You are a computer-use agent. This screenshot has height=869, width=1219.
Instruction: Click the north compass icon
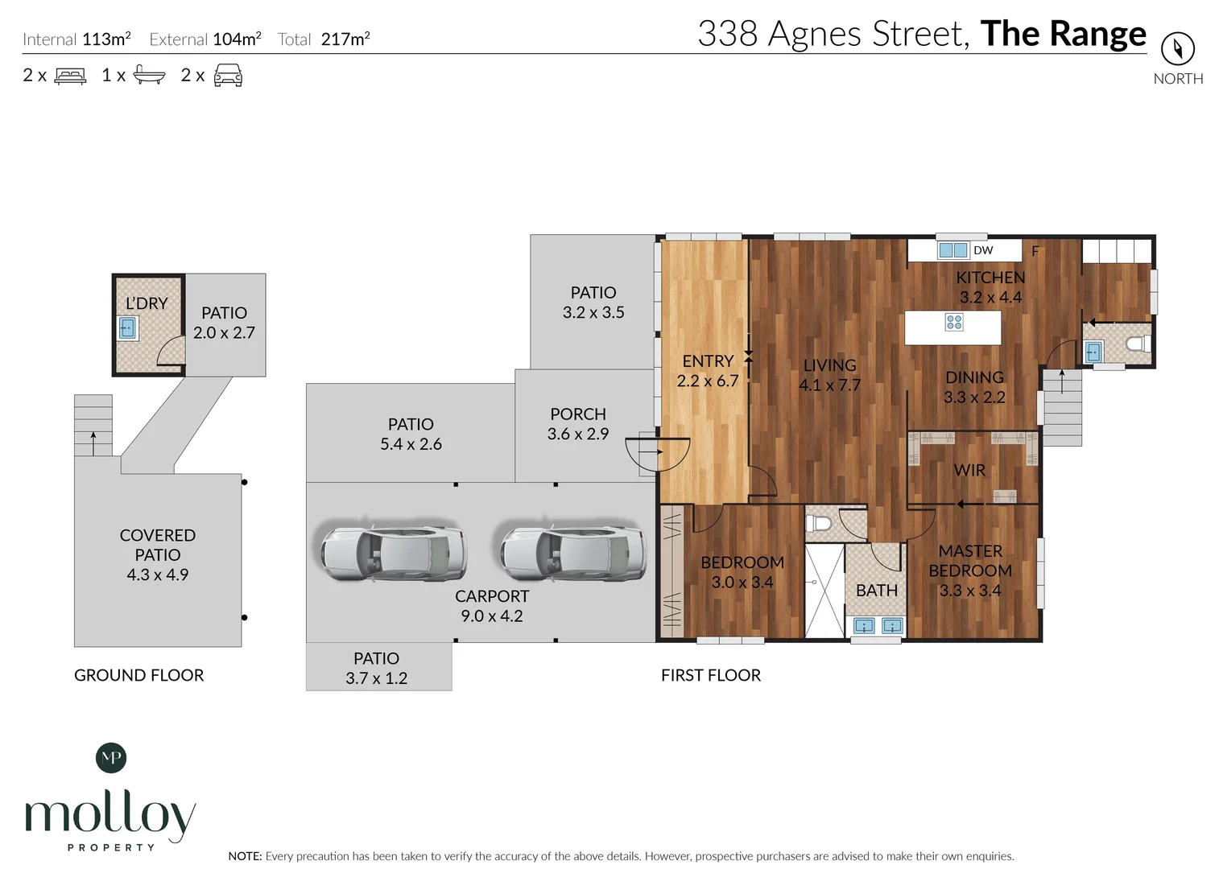pyautogui.click(x=1177, y=49)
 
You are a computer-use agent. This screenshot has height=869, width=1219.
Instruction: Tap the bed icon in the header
pyautogui.click(x=70, y=76)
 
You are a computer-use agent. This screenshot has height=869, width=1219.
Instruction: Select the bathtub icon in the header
pyautogui.click(x=149, y=76)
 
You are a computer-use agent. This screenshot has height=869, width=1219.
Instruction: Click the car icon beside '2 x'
pyautogui.click(x=228, y=76)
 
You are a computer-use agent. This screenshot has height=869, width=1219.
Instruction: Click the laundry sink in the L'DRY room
pyautogui.click(x=127, y=328)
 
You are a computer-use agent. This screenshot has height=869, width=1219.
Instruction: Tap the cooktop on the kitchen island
pyautogui.click(x=954, y=323)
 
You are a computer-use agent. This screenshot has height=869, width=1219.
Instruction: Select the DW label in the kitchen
pyautogui.click(x=983, y=250)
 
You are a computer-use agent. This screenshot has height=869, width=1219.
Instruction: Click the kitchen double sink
pyautogui.click(x=952, y=250)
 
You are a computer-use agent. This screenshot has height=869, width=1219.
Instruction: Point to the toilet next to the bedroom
pyautogui.click(x=819, y=523)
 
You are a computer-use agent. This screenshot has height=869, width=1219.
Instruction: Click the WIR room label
pyautogui.click(x=969, y=471)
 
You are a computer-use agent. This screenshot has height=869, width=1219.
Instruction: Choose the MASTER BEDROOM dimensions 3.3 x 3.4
pyautogui.click(x=969, y=591)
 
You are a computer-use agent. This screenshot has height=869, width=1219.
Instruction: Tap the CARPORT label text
pyautogui.click(x=491, y=596)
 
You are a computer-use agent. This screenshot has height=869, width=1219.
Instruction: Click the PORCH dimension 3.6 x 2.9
pyautogui.click(x=577, y=434)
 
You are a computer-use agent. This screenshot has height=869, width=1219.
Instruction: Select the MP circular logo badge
pyautogui.click(x=111, y=757)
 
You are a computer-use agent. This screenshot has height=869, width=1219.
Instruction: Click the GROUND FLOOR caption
pyautogui.click(x=138, y=675)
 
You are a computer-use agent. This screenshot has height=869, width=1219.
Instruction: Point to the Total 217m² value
pyautogui.click(x=345, y=39)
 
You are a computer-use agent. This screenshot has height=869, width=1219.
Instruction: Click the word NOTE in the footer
pyautogui.click(x=245, y=856)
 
